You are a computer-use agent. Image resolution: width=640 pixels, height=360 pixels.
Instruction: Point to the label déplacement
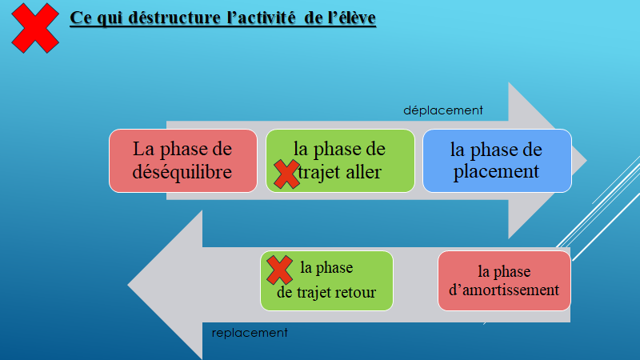click(442, 110)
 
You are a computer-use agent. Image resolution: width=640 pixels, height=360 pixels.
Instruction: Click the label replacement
click(250, 332)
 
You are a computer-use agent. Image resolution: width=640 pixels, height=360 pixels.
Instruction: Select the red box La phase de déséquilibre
click(182, 161)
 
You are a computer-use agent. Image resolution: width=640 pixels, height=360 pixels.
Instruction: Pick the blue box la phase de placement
click(497, 161)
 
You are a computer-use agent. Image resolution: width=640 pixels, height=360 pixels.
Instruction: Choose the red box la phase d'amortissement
click(504, 281)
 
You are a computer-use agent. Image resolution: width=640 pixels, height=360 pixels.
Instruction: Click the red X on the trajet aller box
click(286, 174)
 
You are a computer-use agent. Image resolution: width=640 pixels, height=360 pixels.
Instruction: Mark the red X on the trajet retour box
click(279, 270)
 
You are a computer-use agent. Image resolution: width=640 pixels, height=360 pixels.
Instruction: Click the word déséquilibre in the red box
click(183, 172)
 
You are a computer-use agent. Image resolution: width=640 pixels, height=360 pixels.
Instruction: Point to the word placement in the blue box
click(496, 171)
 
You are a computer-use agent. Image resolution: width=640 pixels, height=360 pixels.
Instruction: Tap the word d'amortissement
click(504, 290)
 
